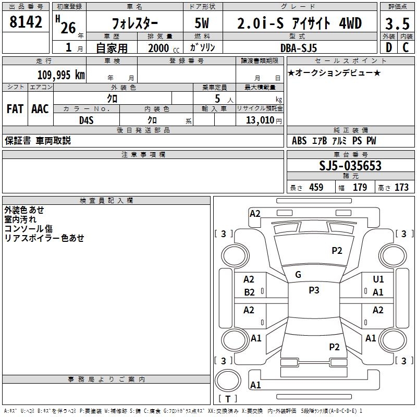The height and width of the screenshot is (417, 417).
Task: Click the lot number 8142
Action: tap(26, 23)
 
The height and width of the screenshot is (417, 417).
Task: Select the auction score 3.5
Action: tap(397, 23)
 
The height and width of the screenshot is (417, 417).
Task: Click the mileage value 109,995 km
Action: tap(62, 75)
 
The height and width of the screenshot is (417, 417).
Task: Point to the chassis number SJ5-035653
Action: tap(350, 166)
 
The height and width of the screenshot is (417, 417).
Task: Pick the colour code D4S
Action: tap(86, 120)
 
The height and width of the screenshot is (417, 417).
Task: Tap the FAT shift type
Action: tap(15, 109)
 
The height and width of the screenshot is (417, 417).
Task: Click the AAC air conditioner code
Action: tap(40, 109)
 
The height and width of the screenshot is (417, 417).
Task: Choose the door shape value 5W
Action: tap(203, 23)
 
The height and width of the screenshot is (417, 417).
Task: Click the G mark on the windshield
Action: tap(298, 275)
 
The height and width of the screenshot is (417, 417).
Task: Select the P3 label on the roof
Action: tap(314, 290)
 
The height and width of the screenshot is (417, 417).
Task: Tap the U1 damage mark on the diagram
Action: tap(378, 279)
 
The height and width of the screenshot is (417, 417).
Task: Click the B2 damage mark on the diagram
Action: tap(250, 292)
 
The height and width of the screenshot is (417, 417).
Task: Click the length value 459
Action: tap(315, 188)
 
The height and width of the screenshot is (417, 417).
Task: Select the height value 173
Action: tap(401, 188)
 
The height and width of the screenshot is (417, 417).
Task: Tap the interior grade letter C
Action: tap(406, 48)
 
